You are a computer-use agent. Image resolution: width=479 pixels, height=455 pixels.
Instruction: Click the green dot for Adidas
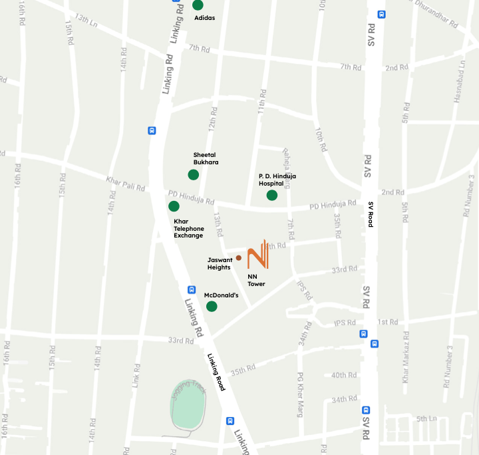(198, 5)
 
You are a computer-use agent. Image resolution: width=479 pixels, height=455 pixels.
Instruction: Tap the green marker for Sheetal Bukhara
(193, 174)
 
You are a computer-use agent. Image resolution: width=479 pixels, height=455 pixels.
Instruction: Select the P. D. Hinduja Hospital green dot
(271, 195)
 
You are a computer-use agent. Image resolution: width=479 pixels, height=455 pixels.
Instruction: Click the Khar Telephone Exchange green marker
(174, 206)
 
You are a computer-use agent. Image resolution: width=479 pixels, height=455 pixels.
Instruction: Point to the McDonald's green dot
(212, 306)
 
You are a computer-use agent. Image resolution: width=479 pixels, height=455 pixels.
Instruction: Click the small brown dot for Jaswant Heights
(238, 257)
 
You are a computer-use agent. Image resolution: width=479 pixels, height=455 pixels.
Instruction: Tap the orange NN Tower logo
(257, 255)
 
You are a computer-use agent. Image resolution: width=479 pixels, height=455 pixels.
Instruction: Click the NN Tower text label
(256, 280)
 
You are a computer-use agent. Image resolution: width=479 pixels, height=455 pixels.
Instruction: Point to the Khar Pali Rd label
(125, 183)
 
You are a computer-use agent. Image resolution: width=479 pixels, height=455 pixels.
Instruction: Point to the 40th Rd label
(344, 375)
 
